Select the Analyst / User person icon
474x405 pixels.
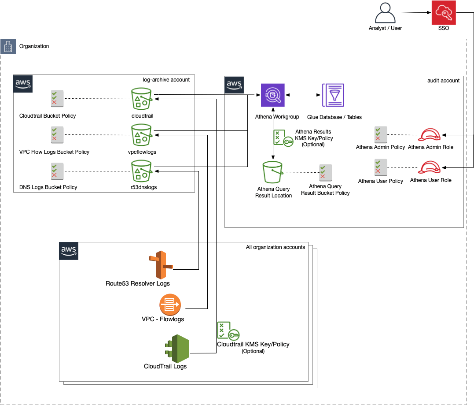tap(385, 13)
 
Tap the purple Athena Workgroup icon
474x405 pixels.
tap(273, 95)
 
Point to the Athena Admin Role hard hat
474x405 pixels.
tap(430, 134)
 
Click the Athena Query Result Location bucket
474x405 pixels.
tap(273, 172)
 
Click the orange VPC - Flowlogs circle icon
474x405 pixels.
tap(170, 305)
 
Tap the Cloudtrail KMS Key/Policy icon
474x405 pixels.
tap(228, 331)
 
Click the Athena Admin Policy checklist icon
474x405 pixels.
tap(381, 134)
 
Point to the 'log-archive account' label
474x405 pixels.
tap(166, 80)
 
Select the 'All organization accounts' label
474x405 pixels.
tap(275, 247)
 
